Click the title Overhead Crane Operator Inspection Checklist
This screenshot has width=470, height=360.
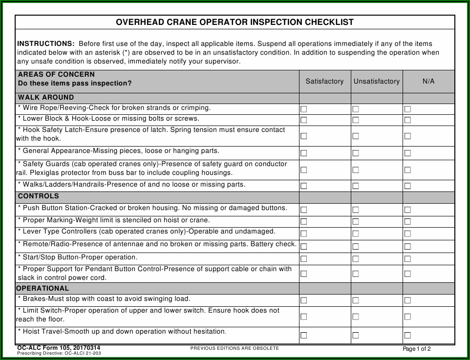pos(235,22)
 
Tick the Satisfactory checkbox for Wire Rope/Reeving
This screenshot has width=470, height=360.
pos(304,109)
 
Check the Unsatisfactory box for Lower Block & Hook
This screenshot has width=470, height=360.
pos(356,120)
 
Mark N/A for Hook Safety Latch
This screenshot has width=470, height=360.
pos(407,136)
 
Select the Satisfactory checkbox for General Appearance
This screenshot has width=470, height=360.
pos(304,153)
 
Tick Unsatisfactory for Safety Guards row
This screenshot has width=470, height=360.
pos(356,170)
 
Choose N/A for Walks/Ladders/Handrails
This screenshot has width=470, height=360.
pos(407,186)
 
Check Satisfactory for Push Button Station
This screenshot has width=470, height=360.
pos(304,210)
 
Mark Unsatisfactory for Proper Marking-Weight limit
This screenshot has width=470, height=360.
pos(356,222)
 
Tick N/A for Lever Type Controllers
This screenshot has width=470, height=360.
pos(407,234)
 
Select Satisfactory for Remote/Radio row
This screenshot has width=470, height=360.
pos(304,246)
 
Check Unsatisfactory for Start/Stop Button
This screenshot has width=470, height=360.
pos(356,258)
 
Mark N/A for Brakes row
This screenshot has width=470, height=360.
pos(407,300)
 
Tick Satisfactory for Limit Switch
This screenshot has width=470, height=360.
pos(304,317)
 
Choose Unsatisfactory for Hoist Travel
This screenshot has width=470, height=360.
pos(356,335)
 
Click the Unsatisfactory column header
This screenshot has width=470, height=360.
pos(377,82)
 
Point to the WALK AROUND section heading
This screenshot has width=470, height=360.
pos(46,97)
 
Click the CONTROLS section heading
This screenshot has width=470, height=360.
pos(38,196)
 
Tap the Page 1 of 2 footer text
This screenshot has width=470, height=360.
pos(416,349)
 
